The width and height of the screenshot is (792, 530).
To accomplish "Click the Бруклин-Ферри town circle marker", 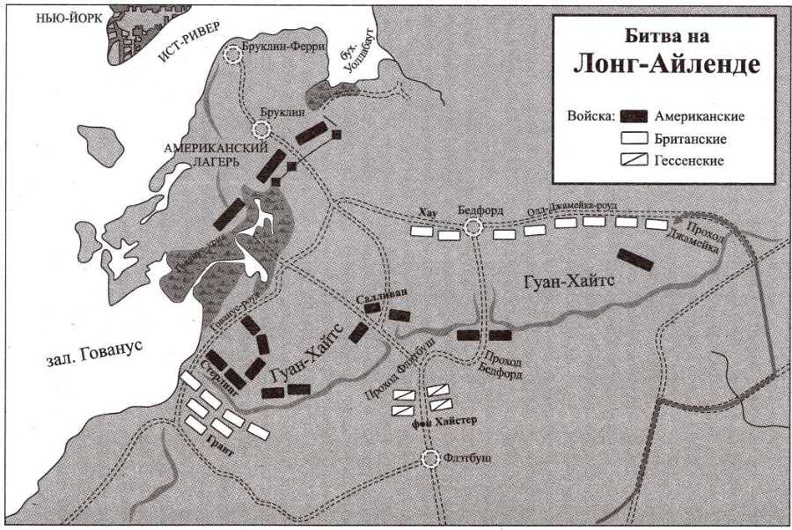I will click(x=233, y=55).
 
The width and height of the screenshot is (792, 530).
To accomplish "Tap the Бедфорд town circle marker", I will click(x=473, y=228).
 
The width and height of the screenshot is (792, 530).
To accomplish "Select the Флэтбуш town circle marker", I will click(x=430, y=459).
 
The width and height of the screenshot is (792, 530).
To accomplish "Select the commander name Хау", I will click(x=429, y=212).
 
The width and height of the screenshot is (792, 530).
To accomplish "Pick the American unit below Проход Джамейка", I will click(x=634, y=257).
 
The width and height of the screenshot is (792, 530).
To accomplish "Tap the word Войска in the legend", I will click(x=590, y=116).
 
